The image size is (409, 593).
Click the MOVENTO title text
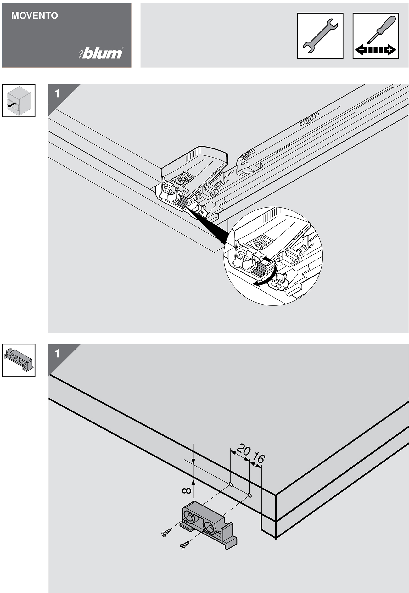pyautogui.click(x=35, y=16)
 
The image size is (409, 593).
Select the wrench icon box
pyautogui.click(x=320, y=36)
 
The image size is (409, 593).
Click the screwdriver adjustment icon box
pyautogui.click(x=375, y=36)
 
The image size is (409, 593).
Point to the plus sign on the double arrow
pyautogui.click(x=389, y=50)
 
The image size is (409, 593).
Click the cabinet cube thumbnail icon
pyautogui.click(x=19, y=100)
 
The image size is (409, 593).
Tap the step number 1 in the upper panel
pyautogui.click(x=57, y=93)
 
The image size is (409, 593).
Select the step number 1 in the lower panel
pyautogui.click(x=57, y=354)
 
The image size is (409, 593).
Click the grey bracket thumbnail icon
pyautogui.click(x=19, y=360)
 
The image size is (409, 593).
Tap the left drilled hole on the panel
pyautogui.click(x=231, y=484)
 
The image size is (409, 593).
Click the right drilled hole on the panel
pyautogui.click(x=249, y=495)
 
